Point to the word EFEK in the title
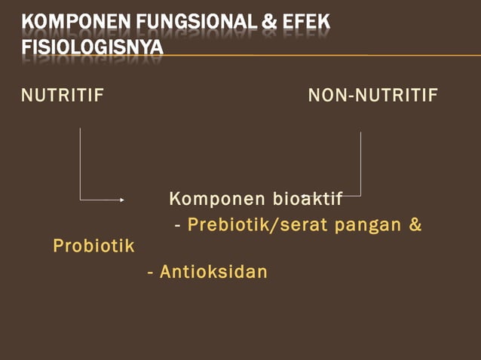[x=306, y=24]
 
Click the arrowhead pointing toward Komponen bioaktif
[x=121, y=200]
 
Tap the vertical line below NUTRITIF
[x=81, y=162]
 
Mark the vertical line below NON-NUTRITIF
[x=360, y=162]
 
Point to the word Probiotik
[x=93, y=246]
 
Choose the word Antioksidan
[x=213, y=271]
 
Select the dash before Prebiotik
[x=178, y=226]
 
